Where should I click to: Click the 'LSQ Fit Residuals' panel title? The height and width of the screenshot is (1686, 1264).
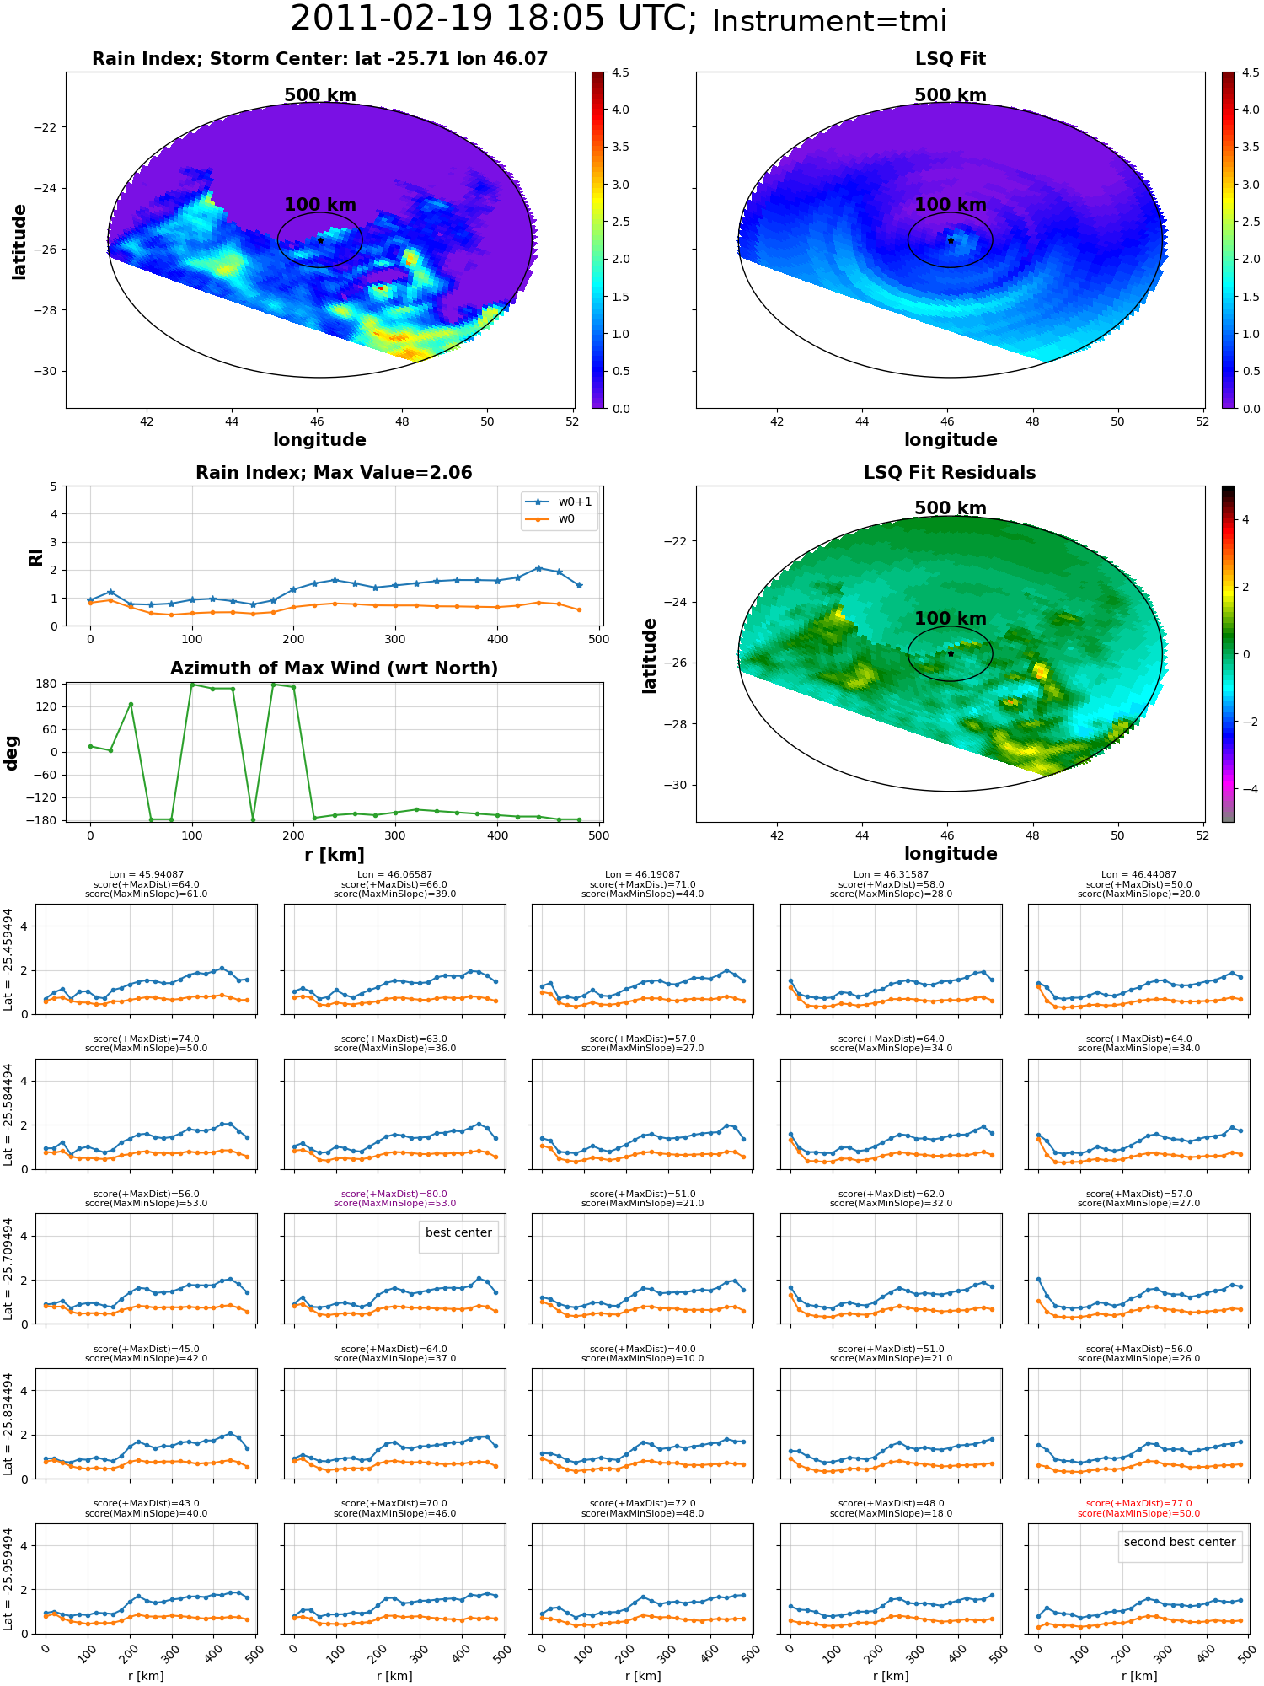coord(950,473)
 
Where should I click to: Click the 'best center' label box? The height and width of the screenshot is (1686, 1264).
coord(458,1232)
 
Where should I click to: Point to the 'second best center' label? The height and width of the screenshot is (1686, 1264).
coord(1180,1542)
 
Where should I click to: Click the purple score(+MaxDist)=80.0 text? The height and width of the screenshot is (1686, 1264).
coord(394,1194)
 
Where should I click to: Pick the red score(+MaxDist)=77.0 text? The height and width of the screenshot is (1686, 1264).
coord(1138,1503)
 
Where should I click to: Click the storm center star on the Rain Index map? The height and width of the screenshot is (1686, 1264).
coord(320,240)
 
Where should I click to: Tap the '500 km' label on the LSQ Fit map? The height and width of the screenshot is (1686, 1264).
coord(950,95)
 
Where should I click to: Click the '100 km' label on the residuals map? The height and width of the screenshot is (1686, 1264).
coord(950,619)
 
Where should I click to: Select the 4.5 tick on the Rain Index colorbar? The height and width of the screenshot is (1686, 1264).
coord(620,73)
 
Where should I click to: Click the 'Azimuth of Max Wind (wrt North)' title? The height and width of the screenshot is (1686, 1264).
coord(334,668)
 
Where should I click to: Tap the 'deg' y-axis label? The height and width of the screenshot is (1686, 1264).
coord(12,752)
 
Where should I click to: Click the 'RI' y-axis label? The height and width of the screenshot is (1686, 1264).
coord(35,556)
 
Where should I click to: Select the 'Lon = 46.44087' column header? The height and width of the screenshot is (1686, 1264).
coord(1138,874)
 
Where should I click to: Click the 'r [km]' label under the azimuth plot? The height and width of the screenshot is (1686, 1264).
coord(334,855)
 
